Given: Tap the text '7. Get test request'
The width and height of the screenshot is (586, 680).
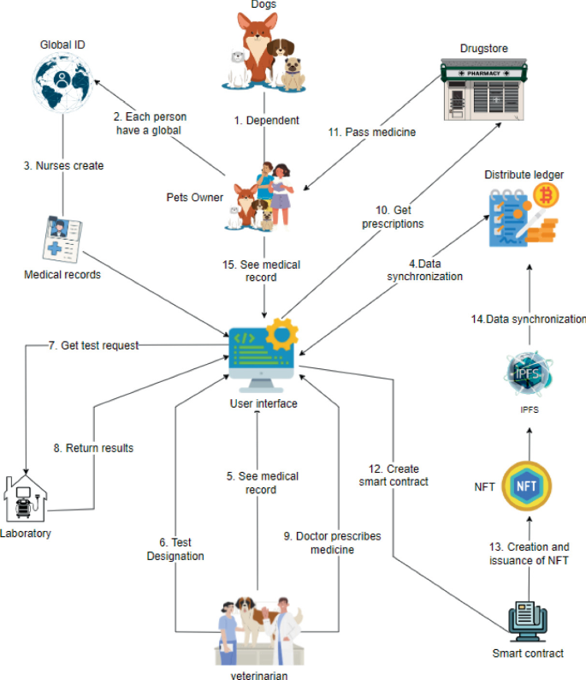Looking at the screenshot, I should (x=94, y=345).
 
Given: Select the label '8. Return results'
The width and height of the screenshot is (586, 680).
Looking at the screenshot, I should (x=94, y=447).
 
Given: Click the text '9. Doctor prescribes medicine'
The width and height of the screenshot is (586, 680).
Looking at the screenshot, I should (x=332, y=542).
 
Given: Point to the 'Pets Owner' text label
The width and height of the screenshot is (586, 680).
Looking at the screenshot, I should (x=195, y=197).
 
